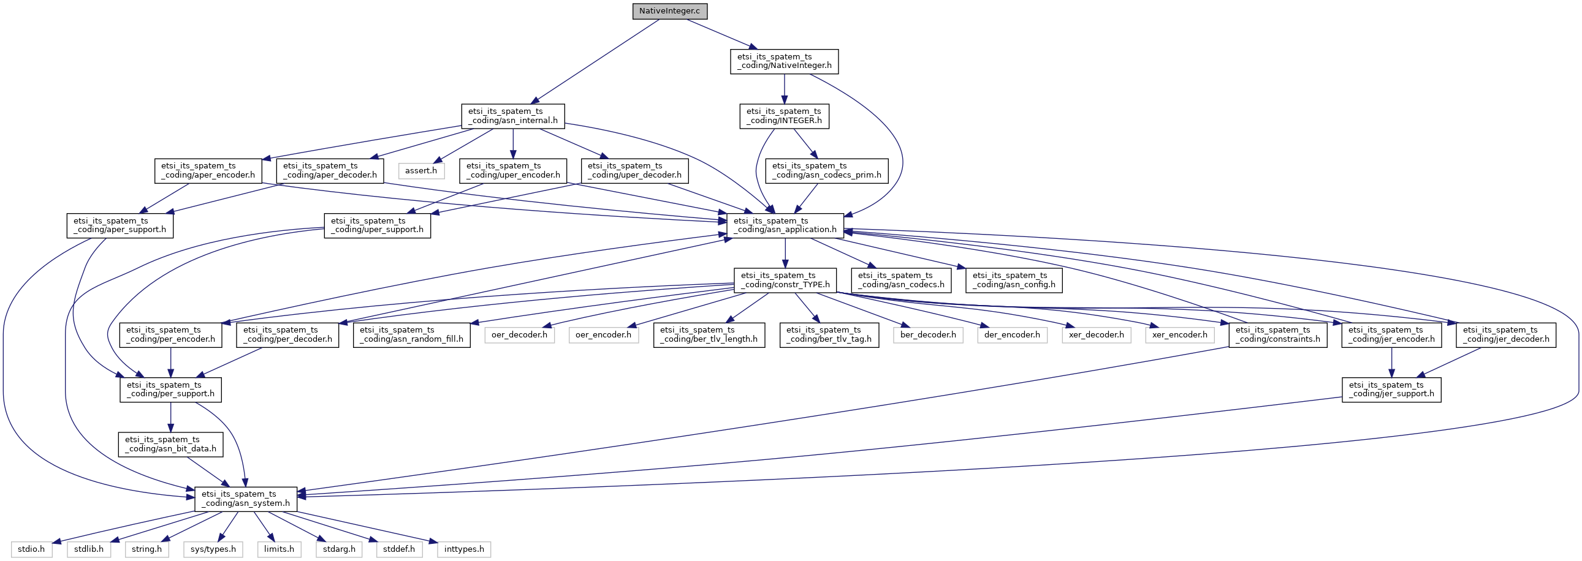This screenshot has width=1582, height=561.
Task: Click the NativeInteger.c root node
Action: point(669,11)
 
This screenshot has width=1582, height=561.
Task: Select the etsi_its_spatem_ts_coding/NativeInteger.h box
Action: point(784,61)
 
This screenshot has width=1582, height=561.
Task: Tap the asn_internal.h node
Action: point(513,116)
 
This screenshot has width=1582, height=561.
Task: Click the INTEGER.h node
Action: point(783,116)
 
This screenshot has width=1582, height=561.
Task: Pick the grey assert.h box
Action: point(420,171)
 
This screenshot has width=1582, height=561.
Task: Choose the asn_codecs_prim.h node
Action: point(827,171)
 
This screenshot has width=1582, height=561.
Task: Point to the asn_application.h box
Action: point(785,225)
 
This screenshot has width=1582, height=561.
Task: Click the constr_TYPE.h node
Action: point(785,280)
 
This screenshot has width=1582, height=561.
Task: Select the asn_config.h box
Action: point(1013,280)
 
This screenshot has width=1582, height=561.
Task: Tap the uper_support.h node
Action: point(377,225)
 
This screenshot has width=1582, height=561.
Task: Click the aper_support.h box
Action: point(120,225)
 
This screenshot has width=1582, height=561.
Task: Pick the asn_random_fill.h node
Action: point(411,334)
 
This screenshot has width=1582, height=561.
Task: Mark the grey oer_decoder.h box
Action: point(519,335)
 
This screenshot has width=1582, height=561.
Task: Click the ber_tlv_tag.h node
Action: point(829,334)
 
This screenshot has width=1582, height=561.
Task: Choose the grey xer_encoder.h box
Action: point(1179,335)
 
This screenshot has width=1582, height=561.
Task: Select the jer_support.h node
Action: point(1391,389)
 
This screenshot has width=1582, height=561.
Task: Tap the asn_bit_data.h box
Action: point(171,444)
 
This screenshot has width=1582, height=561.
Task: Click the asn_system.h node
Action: point(246,499)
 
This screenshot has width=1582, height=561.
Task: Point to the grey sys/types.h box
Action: point(213,549)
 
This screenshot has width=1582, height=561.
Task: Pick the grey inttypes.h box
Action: point(463,549)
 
